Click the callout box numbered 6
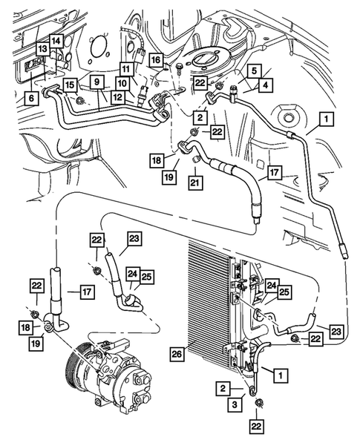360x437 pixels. (31, 98)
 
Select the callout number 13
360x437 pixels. (42, 50)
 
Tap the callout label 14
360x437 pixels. (56, 42)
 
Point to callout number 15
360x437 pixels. (70, 85)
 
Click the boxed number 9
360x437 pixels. (96, 82)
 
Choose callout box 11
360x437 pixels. (126, 68)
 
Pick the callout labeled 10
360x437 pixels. (122, 83)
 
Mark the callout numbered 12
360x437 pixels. (118, 97)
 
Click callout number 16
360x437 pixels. (156, 59)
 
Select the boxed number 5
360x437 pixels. (253, 70)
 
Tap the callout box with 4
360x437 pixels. (266, 85)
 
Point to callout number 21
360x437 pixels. (195, 183)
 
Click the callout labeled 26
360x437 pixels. (177, 354)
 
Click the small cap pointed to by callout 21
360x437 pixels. (196, 160)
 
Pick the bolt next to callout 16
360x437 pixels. (178, 68)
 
